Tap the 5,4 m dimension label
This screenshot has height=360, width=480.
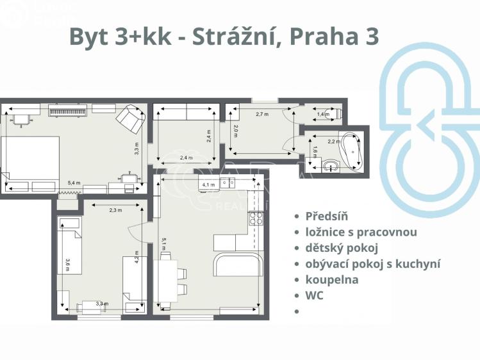(x=74, y=183)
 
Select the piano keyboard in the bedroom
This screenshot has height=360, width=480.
(x=68, y=111)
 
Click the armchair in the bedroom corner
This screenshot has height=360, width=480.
(x=131, y=118)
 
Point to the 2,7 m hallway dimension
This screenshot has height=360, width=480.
(x=261, y=114)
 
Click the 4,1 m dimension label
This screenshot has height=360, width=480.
(x=208, y=184)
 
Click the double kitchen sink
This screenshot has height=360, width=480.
(x=228, y=183)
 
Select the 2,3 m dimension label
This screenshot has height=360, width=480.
(x=115, y=209)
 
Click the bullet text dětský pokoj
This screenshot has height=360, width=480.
(x=342, y=247)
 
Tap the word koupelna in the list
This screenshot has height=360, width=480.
(x=332, y=279)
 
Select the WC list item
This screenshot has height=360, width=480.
(x=315, y=295)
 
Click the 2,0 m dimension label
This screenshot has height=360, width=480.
(x=236, y=131)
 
